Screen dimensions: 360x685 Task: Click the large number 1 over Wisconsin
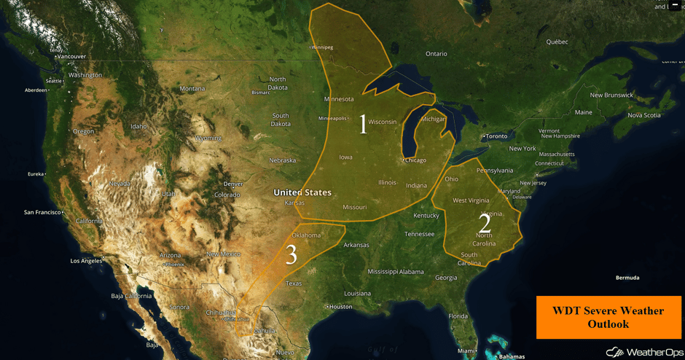[364, 125]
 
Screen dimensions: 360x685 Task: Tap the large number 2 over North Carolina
[485, 224]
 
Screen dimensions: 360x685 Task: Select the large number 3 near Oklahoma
[291, 255]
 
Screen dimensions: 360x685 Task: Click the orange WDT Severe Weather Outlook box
[608, 317]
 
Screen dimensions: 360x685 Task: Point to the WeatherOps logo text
[644, 353]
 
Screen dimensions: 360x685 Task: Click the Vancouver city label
[71, 56]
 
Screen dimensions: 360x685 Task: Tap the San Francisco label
[42, 213]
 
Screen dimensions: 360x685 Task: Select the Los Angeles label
[86, 260]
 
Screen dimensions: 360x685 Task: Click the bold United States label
[302, 192]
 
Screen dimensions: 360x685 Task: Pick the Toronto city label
[497, 136]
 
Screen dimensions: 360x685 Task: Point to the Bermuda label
[627, 278]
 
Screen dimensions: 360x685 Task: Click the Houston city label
[340, 307]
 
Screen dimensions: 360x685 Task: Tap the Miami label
[467, 351]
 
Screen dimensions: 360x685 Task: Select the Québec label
[557, 42]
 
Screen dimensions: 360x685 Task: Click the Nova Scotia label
[644, 115]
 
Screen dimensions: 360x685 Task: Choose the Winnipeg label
[322, 47]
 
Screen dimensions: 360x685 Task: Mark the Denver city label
[233, 184]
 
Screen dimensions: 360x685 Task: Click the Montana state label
[192, 89]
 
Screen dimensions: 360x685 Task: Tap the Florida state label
[458, 316]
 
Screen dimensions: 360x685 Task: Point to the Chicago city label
[415, 160]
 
